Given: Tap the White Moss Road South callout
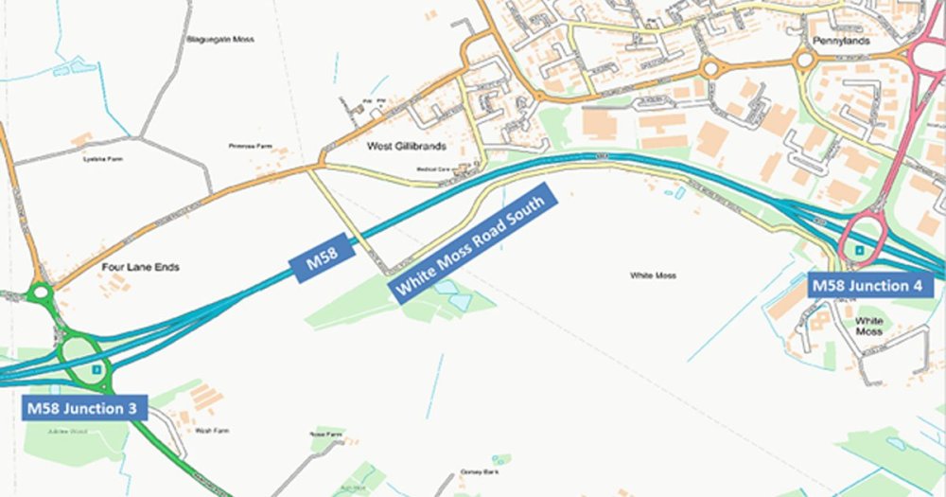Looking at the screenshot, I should coord(474,244).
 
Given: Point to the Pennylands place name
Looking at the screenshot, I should coord(833,43).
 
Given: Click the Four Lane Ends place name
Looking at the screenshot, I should coord(140,268).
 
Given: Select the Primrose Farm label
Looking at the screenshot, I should coord(250,147).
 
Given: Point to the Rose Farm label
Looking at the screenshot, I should coord(324,434).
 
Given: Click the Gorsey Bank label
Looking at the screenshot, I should coord(479,470).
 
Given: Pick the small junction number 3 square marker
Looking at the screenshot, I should coord(96,367).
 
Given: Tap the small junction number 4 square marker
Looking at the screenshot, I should coord(859,250).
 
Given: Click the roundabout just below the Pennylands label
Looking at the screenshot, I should coord(804,61).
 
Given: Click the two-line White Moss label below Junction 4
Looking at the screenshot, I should coord(868,327).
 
